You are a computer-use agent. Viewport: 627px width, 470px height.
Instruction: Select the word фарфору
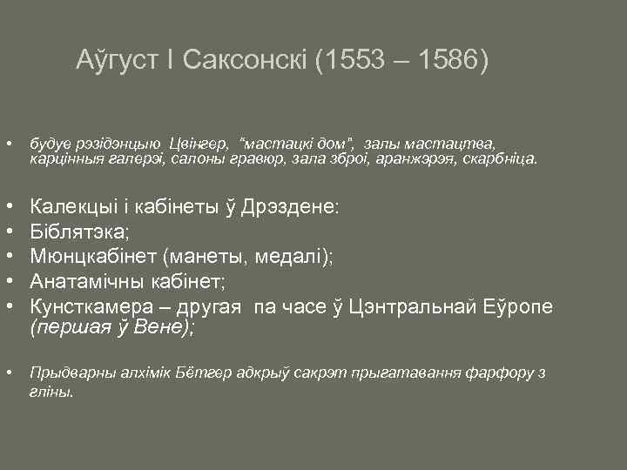tap(502, 373)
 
